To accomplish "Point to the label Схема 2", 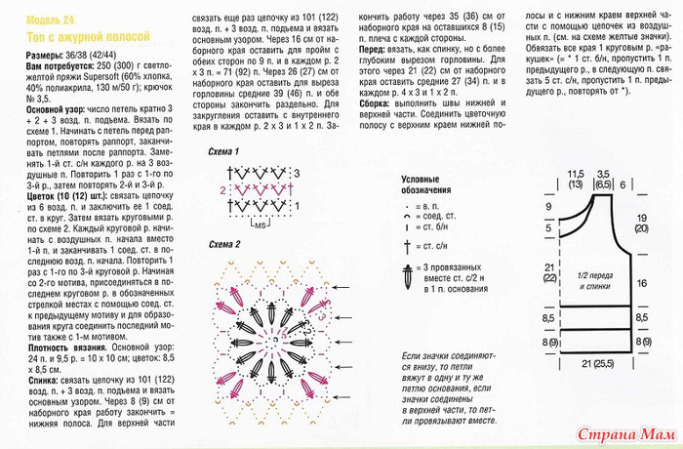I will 223,242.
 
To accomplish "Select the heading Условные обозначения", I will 430,184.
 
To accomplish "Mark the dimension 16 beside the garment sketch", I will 643,281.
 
